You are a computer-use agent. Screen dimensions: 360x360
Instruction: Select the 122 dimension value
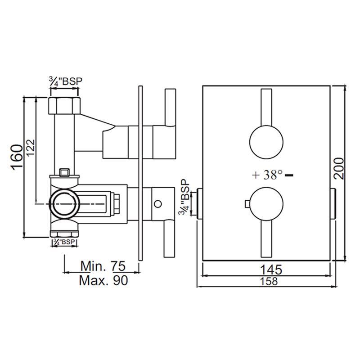point(31,148)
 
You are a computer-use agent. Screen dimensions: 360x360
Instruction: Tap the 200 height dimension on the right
point(339,168)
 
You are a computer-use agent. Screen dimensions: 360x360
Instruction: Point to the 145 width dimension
point(271,270)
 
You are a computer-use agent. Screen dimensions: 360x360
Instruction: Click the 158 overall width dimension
point(269,281)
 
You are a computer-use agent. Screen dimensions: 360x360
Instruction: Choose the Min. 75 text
point(103,266)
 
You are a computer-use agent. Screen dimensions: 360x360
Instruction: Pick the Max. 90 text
point(103,280)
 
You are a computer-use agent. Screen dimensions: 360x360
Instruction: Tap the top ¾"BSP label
point(66,81)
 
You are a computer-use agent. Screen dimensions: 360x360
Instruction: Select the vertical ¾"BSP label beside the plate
point(185,198)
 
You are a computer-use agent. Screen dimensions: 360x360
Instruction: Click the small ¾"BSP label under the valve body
point(64,242)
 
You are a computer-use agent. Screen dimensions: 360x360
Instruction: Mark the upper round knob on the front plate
point(266,142)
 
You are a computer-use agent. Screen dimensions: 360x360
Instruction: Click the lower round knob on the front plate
point(266,204)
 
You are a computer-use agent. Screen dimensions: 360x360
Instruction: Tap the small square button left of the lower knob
point(247,204)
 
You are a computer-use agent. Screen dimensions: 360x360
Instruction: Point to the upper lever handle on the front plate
point(266,108)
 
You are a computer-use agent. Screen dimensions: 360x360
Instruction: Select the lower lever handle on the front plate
point(266,238)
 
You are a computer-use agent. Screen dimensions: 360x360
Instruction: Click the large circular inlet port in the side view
point(64,204)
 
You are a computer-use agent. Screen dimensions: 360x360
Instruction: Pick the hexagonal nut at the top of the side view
point(64,106)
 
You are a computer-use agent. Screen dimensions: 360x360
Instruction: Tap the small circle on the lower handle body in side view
point(158,204)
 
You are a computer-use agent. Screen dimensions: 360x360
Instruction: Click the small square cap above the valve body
point(64,172)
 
